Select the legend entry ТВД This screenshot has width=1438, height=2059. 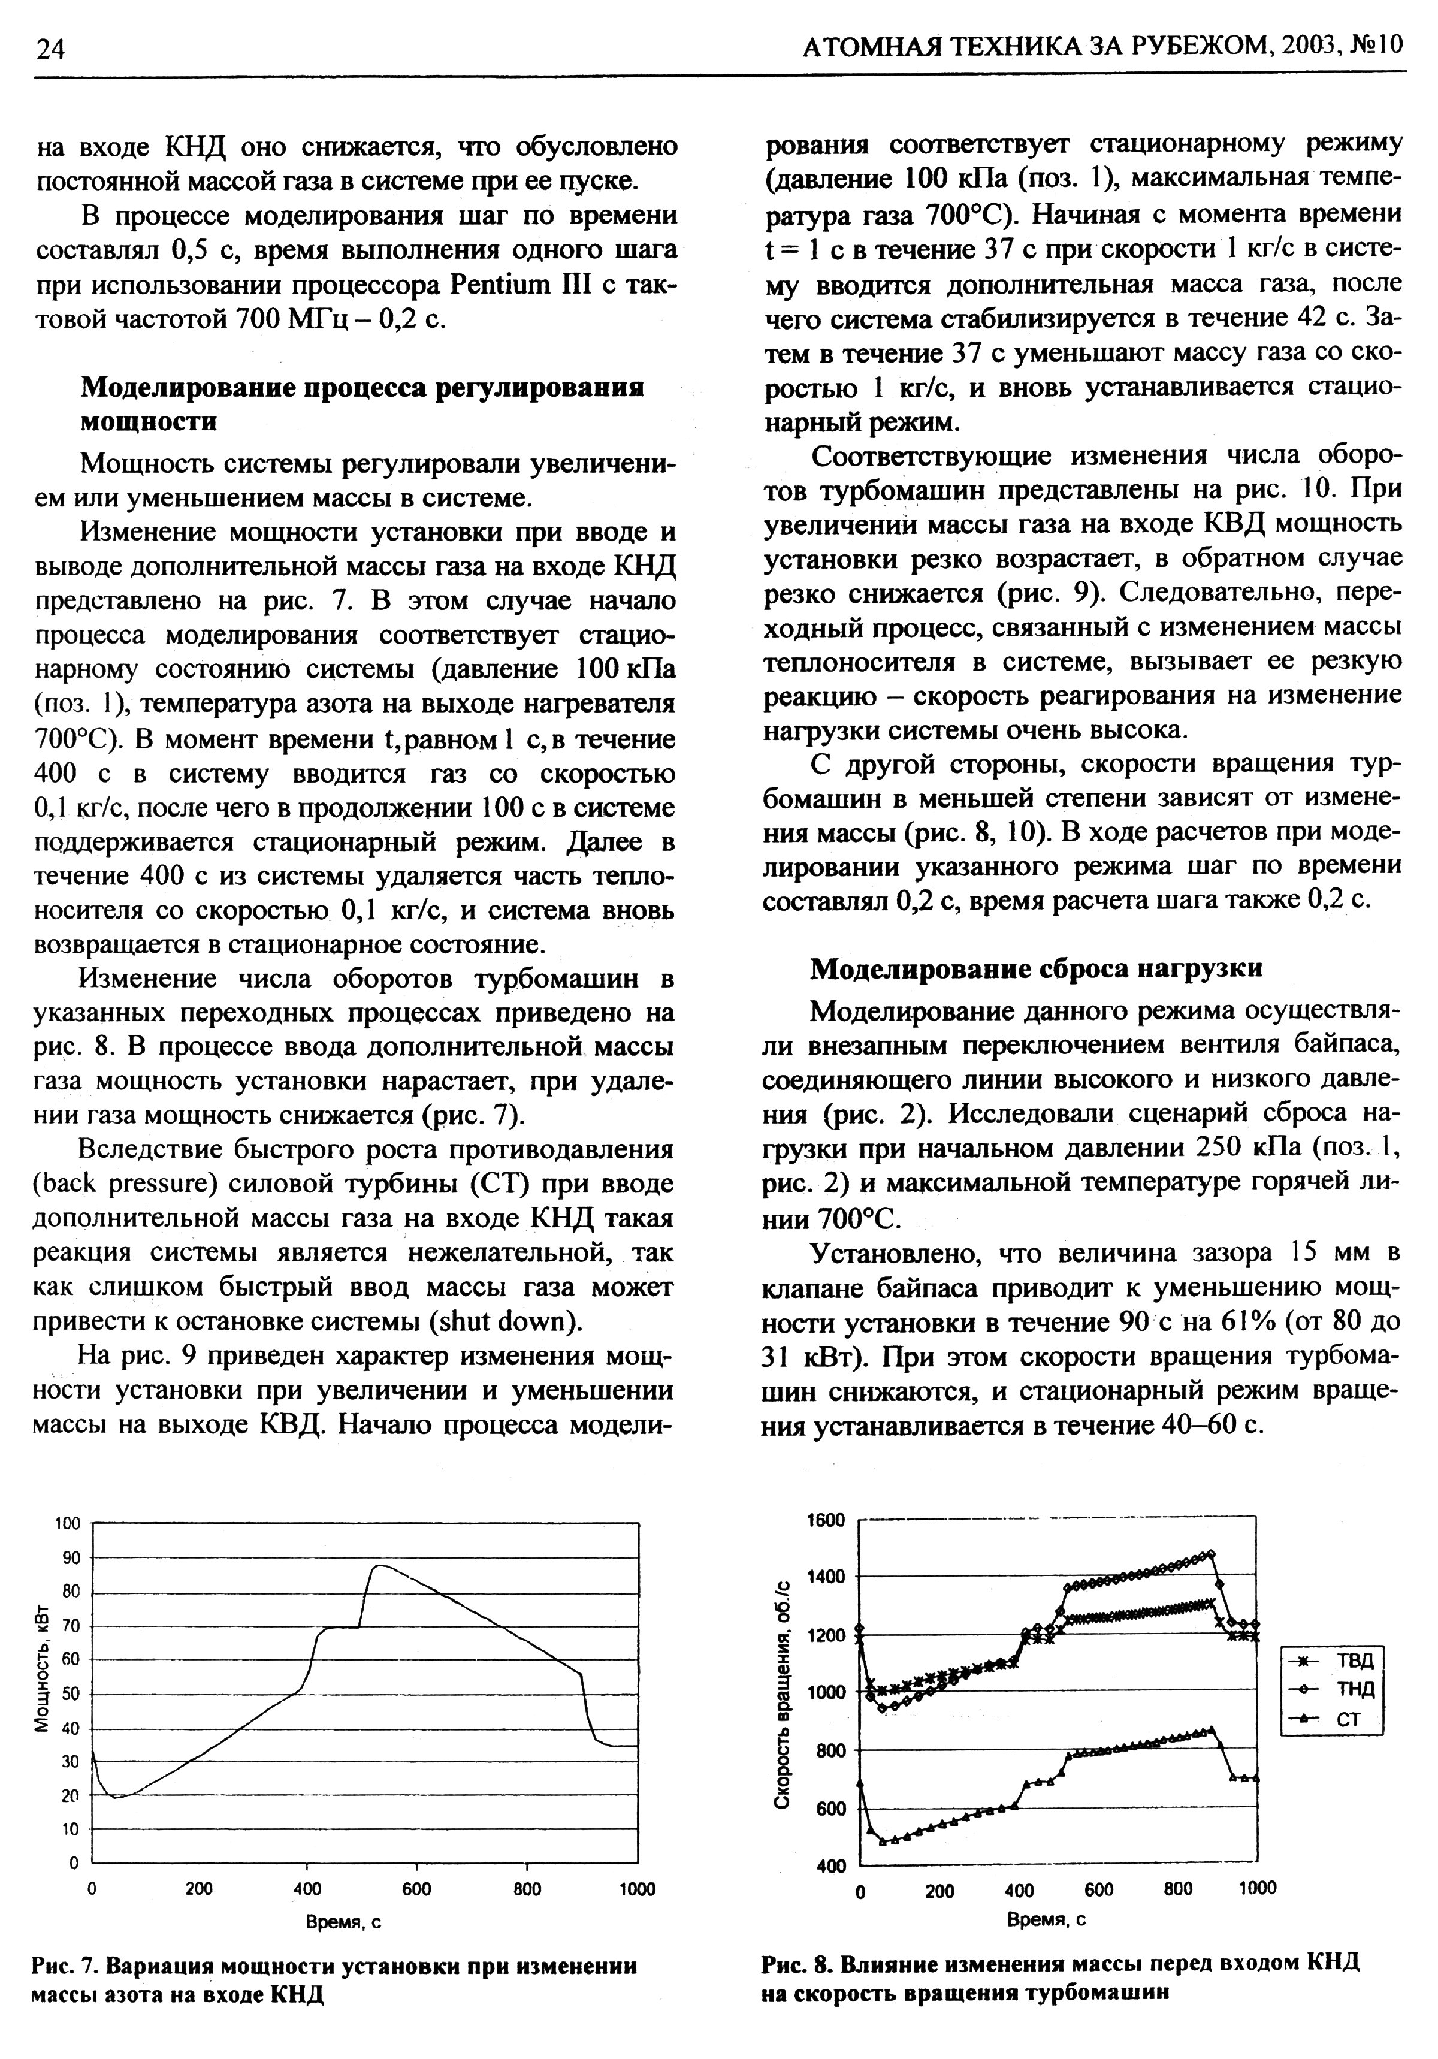tap(1332, 1659)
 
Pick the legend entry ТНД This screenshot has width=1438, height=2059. tap(1332, 1689)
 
